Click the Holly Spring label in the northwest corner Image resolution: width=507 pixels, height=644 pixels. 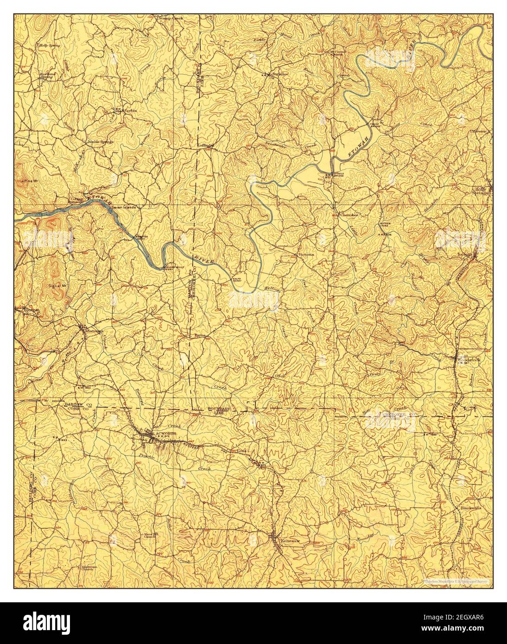click(x=50, y=45)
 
